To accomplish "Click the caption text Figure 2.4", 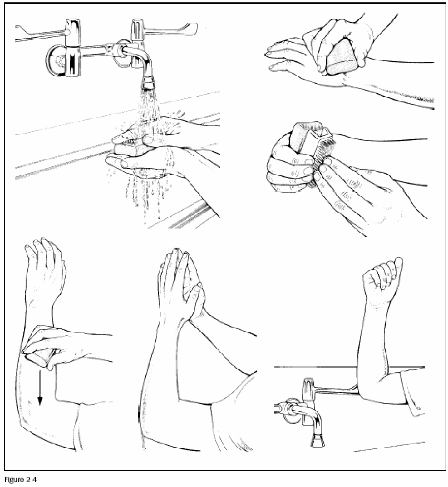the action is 21,479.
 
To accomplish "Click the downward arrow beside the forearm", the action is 39,387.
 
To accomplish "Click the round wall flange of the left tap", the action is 56,61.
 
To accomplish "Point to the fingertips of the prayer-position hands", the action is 178,253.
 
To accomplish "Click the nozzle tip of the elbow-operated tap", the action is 317,441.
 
